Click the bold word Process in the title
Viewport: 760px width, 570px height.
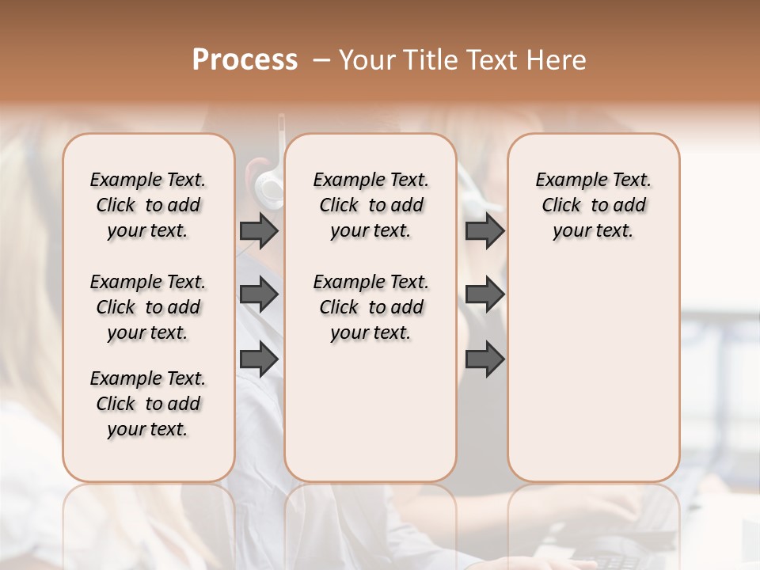245,60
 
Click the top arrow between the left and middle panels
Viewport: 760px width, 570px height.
259,230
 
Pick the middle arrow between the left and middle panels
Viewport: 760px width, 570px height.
259,294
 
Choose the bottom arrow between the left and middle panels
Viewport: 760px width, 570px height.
259,360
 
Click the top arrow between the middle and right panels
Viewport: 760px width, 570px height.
484,230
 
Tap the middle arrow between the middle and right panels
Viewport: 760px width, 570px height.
484,294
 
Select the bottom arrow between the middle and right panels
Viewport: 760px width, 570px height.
484,360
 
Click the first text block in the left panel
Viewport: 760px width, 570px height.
148,205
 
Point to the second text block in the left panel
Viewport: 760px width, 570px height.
148,307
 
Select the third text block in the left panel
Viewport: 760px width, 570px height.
148,404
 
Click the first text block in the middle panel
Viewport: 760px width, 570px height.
370,205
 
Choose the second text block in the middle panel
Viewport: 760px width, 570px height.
370,307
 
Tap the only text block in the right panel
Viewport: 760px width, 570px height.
593,205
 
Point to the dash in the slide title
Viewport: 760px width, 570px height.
321,60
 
